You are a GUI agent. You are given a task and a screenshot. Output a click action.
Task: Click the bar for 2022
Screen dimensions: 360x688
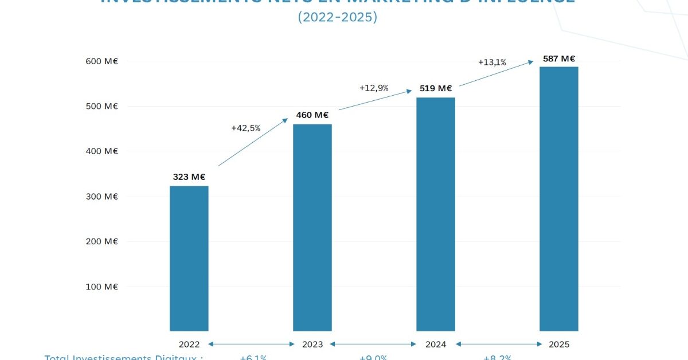coord(189,259)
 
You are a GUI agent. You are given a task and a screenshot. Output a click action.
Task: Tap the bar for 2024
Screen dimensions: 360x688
coord(436,214)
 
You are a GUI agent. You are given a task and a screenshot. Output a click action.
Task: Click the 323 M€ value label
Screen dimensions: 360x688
coord(189,177)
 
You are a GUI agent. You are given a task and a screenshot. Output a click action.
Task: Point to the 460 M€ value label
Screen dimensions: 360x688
coord(312,115)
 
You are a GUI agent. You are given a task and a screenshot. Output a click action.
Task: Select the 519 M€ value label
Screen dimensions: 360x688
coord(436,88)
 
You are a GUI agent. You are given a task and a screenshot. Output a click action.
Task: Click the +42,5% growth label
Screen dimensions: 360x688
coord(245,128)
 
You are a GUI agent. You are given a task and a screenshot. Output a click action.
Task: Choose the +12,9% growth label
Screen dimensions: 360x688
coord(374,88)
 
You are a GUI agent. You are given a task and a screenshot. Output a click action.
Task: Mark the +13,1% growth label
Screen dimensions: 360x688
coord(492,62)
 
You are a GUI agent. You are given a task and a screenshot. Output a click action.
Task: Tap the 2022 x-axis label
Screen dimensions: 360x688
coord(189,345)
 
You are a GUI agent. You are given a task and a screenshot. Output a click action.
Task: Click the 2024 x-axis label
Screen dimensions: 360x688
coord(436,345)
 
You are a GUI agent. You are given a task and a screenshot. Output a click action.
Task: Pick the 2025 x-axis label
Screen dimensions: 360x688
coord(559,345)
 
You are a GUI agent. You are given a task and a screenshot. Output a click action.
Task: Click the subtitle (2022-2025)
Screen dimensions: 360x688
coord(337,18)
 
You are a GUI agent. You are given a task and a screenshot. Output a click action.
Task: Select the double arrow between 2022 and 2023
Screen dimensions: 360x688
coord(251,345)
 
